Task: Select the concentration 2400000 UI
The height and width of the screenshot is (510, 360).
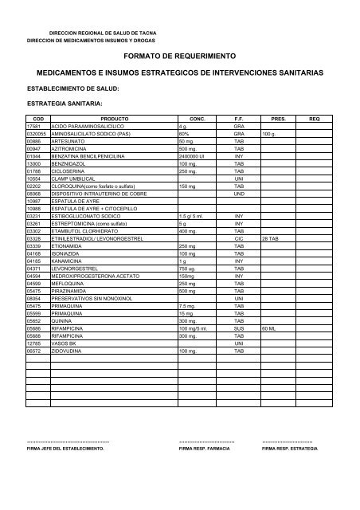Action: [194, 155]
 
